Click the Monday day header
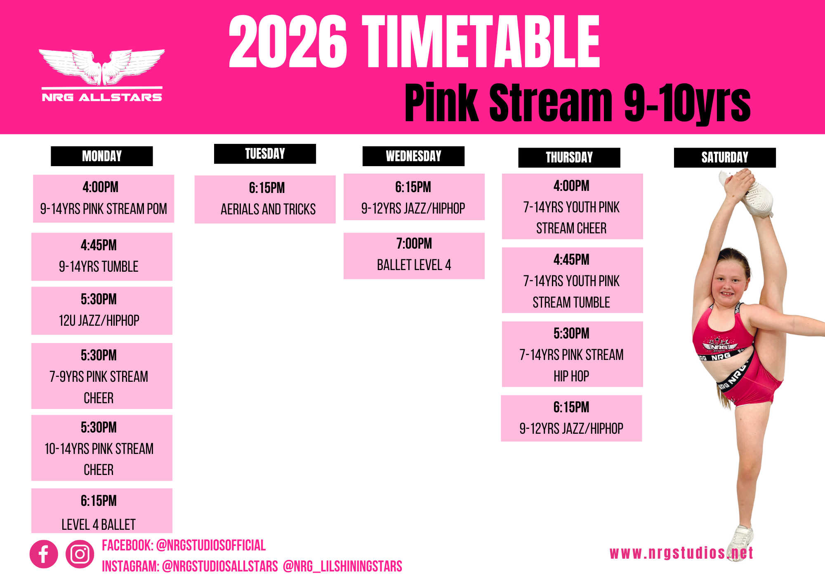point(101,156)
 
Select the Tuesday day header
point(265,154)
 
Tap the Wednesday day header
point(413,156)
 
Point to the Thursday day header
point(569,158)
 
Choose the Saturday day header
point(725,158)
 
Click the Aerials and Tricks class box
point(265,200)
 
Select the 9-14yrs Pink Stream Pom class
point(104,199)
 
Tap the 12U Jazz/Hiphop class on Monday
point(102,311)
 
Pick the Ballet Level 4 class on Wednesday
point(414,256)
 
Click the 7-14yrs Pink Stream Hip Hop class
point(573,354)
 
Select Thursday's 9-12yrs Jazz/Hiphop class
point(571,418)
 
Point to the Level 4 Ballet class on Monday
point(102,511)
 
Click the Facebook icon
point(44,554)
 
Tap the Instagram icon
point(80,554)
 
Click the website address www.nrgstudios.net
point(681,553)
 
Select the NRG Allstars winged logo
point(102,75)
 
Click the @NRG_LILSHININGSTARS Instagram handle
point(342,567)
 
